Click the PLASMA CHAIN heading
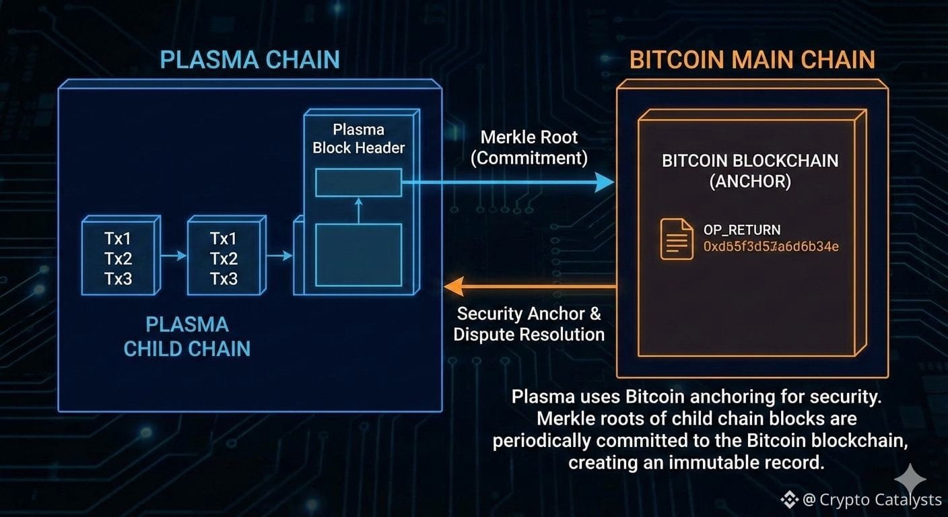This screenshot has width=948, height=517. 250,59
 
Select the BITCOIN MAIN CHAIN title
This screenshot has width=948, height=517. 752,59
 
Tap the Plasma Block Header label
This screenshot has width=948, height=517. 358,139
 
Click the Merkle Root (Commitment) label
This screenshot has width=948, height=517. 529,147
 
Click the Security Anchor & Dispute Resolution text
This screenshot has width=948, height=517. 529,324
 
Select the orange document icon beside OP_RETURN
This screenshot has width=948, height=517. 676,239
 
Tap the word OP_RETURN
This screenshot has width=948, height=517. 741,230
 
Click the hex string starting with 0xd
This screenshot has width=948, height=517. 771,246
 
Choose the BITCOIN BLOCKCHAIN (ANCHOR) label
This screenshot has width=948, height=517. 749,171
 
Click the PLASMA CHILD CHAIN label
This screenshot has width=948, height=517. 187,337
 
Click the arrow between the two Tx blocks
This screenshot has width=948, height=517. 174,256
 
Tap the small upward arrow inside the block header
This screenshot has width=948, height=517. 358,209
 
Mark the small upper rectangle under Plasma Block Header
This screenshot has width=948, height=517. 358,182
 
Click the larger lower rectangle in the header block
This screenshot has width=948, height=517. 358,254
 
